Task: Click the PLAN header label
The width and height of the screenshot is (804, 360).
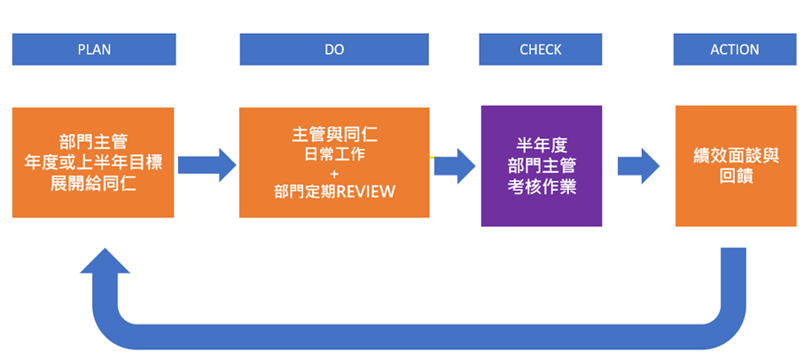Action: coord(93,50)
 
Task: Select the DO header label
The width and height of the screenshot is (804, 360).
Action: coord(334,50)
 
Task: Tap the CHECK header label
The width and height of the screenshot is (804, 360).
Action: coord(541,50)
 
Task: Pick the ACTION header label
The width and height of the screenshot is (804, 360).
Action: coord(734,50)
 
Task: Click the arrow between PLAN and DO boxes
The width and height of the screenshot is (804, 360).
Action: coord(207,164)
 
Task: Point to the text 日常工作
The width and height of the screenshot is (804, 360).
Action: coord(334,156)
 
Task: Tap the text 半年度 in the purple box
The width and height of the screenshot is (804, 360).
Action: coord(541,144)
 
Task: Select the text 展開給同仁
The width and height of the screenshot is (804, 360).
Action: coord(93,184)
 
